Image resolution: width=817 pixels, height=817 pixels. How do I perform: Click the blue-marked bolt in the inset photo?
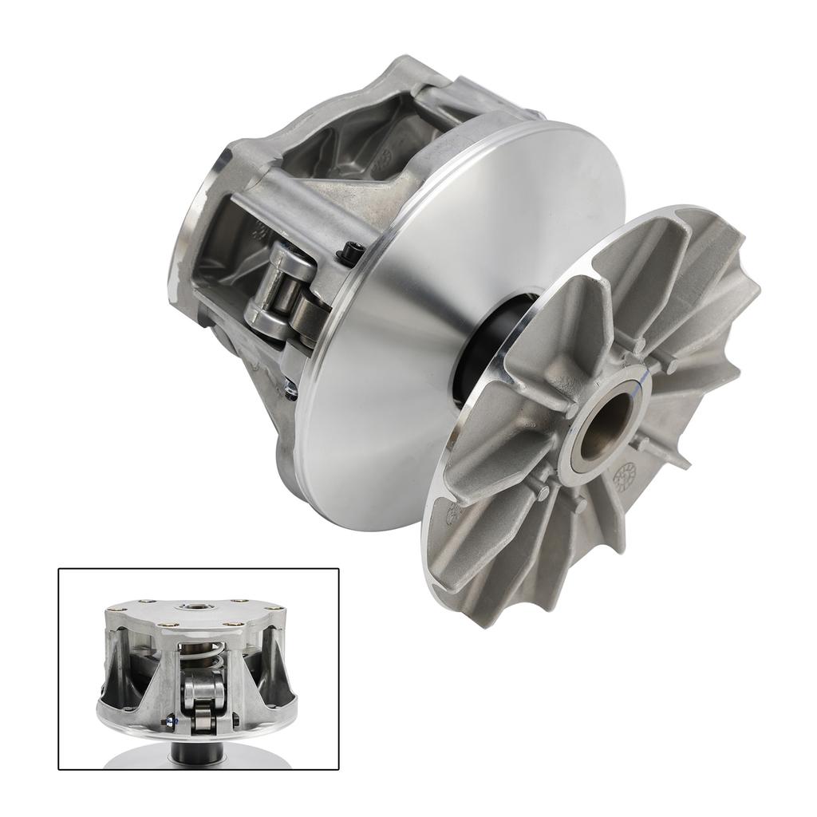[x=169, y=724]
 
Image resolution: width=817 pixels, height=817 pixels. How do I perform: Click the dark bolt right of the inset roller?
[x=235, y=723]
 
